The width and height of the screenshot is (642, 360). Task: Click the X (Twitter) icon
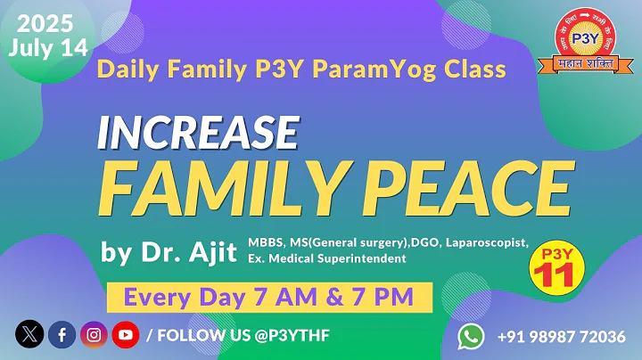tap(29, 335)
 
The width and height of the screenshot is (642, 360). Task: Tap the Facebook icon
tap(62, 335)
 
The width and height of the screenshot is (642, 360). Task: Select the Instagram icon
tap(94, 335)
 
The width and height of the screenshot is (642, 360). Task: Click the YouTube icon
tap(125, 335)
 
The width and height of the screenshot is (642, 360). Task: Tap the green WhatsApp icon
tap(471, 336)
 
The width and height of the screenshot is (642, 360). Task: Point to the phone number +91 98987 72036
tap(562, 336)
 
